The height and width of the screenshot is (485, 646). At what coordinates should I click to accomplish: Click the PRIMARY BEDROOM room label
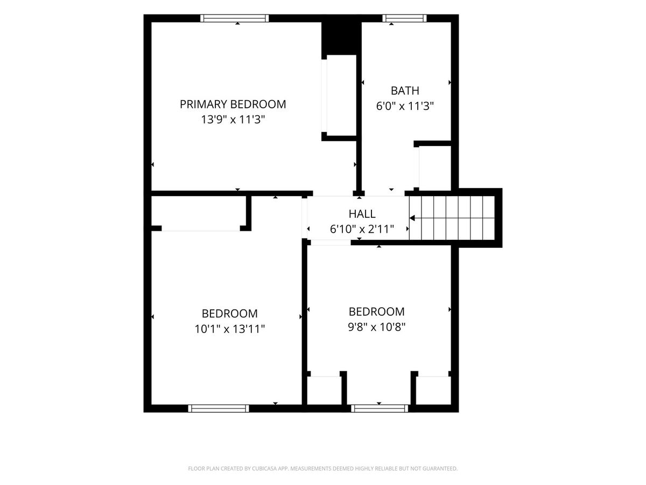pyautogui.click(x=233, y=104)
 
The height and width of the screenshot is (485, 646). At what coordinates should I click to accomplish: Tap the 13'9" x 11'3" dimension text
pyautogui.click(x=233, y=120)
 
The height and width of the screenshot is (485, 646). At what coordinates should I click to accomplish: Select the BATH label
pyautogui.click(x=405, y=91)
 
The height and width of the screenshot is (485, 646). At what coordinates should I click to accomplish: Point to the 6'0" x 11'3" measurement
pyautogui.click(x=405, y=106)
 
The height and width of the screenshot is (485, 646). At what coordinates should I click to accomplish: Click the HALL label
pyautogui.click(x=362, y=214)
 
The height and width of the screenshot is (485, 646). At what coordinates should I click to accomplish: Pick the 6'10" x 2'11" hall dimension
pyautogui.click(x=362, y=229)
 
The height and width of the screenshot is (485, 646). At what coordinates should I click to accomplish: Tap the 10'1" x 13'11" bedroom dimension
pyautogui.click(x=229, y=329)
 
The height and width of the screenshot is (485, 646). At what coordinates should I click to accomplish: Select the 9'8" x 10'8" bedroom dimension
pyautogui.click(x=377, y=327)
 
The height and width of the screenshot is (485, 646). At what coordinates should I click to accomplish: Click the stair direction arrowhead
pyautogui.click(x=412, y=218)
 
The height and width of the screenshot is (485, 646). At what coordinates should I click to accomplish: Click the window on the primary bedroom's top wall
pyautogui.click(x=235, y=18)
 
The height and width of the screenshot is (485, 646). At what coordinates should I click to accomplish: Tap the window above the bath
pyautogui.click(x=404, y=18)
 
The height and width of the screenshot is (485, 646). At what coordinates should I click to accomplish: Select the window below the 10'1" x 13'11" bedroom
pyautogui.click(x=219, y=408)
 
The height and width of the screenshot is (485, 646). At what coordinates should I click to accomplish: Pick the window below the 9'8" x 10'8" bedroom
pyautogui.click(x=380, y=408)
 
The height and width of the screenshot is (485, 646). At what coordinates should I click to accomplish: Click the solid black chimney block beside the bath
pyautogui.click(x=341, y=39)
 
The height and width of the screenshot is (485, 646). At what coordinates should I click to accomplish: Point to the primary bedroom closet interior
pyautogui.click(x=341, y=95)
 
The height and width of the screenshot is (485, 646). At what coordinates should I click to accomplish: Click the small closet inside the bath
pyautogui.click(x=435, y=168)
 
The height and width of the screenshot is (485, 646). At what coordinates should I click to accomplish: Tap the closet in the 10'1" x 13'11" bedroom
pyautogui.click(x=199, y=213)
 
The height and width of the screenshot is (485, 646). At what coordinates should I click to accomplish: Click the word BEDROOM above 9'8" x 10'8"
pyautogui.click(x=377, y=311)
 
